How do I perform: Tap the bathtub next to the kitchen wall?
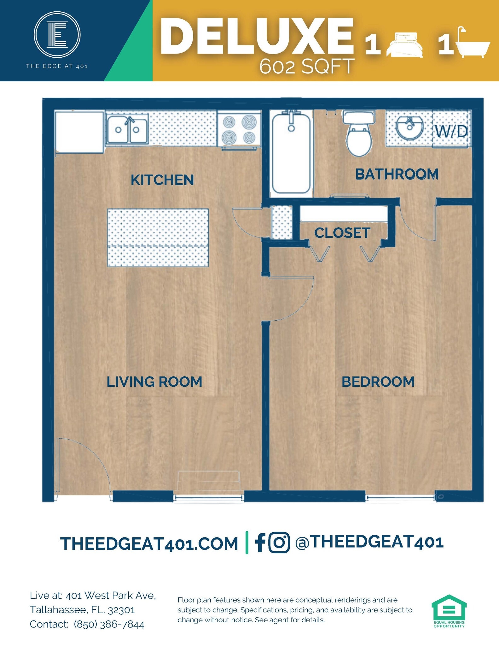(291, 154)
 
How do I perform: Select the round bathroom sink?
(409, 127)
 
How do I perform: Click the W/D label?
(451, 131)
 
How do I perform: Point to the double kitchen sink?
(127, 129)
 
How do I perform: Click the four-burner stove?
(239, 129)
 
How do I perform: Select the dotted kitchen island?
(158, 238)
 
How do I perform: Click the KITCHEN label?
(162, 180)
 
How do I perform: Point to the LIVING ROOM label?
(154, 382)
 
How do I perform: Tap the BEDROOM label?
(378, 382)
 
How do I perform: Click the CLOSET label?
(342, 233)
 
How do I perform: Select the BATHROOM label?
(397, 174)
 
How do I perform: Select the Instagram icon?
(279, 542)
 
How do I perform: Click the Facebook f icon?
(260, 542)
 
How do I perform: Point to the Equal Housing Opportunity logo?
(449, 611)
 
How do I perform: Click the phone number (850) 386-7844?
(109, 624)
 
